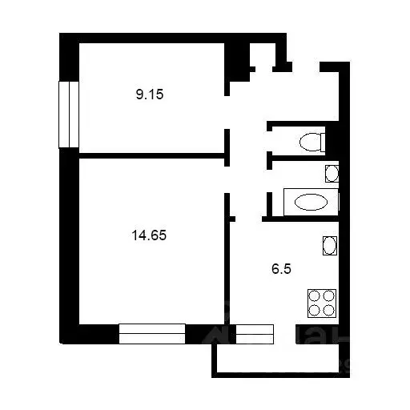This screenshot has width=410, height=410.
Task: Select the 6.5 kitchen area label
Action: [280, 270]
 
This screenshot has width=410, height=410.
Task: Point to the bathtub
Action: [310, 202]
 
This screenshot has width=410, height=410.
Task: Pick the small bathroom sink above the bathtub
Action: [331, 172]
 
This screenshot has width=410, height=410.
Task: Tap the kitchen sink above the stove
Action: [329, 245]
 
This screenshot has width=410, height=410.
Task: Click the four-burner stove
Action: [323, 303]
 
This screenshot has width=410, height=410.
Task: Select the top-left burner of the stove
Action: [316, 295]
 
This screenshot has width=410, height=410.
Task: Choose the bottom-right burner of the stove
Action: [330, 311]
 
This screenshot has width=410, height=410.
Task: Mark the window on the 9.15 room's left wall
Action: [69, 114]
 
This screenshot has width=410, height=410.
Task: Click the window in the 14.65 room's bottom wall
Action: [152, 333]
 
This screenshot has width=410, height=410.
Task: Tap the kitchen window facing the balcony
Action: [255, 333]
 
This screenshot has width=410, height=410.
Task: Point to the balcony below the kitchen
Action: [280, 360]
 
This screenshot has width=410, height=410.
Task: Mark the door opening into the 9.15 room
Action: [227, 112]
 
